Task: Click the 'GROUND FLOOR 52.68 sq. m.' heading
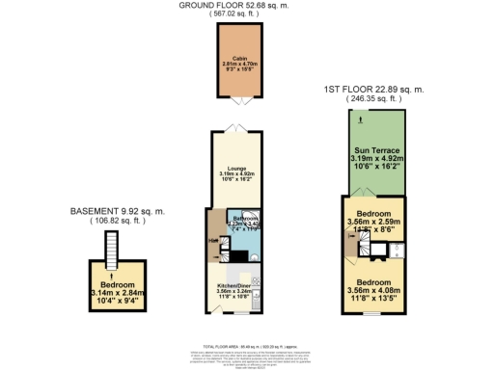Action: pyautogui.click(x=235, y=6)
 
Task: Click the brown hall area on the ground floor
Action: pyautogui.click(x=212, y=241)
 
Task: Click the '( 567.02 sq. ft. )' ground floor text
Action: pyautogui.click(x=235, y=15)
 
